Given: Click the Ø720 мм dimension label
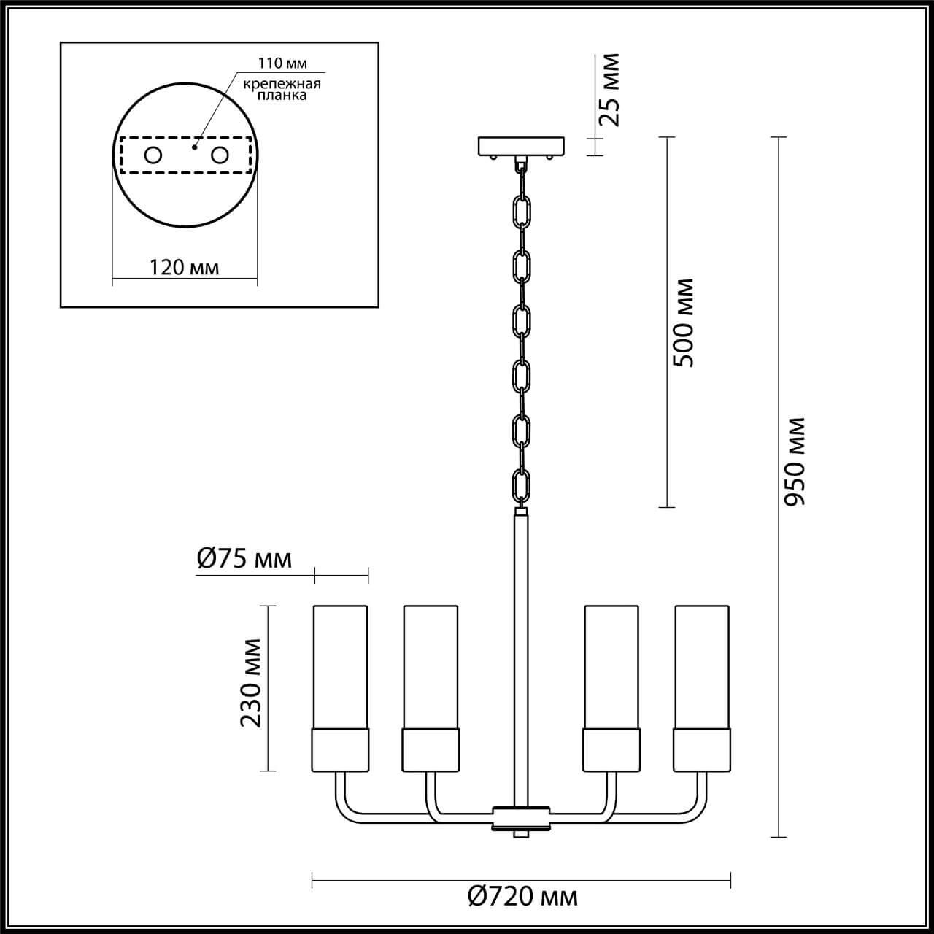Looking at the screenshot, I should point(522,896).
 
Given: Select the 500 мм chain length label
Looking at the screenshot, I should point(684,323).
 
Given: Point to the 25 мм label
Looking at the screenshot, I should point(609,90).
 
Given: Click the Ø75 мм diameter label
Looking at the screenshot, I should point(244,559).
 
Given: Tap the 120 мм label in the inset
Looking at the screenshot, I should point(185,267).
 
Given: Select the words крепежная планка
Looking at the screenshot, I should point(282,90).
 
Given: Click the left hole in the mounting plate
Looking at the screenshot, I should point(153,155).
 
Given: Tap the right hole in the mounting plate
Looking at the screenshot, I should point(220,155).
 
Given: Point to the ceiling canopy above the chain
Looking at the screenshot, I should point(521,147).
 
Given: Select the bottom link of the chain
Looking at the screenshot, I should point(521,485).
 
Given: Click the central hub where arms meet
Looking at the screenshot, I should point(521,817).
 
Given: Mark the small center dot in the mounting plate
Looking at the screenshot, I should point(194,147).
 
